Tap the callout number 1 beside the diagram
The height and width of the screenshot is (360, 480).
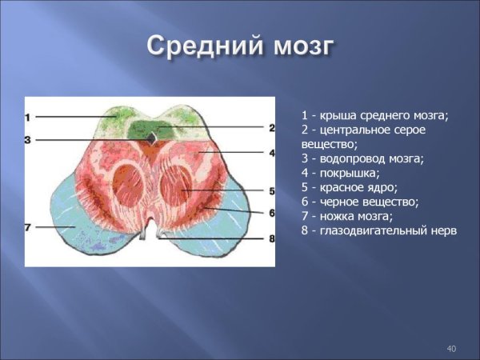click(28, 118)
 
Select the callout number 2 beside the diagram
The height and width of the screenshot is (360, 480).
click(271, 127)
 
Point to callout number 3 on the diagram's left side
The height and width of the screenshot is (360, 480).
click(28, 140)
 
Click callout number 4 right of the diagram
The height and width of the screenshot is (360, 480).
click(271, 152)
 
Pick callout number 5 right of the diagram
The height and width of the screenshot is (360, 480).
click(271, 191)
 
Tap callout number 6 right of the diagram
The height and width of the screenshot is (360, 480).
click(271, 213)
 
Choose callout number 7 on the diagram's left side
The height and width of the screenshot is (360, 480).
click(28, 228)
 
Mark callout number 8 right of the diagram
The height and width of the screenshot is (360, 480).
click(271, 238)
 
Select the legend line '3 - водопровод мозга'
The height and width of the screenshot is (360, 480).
click(362, 158)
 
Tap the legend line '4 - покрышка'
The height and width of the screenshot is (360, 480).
click(341, 173)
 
